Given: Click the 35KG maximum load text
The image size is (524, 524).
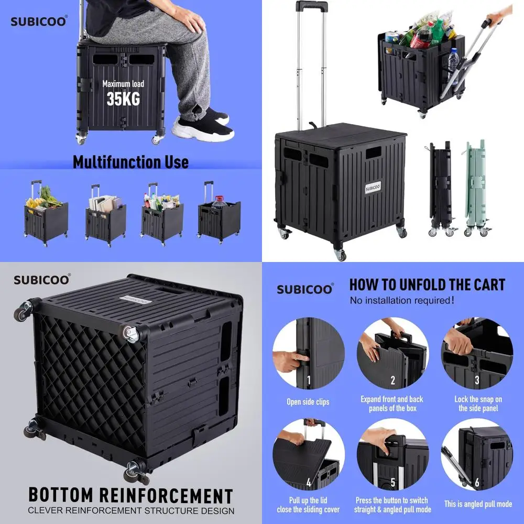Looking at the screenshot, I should (x=123, y=98).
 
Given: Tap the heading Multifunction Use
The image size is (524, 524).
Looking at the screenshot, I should (x=130, y=162).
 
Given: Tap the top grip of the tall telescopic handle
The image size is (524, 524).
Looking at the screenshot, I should (x=311, y=6).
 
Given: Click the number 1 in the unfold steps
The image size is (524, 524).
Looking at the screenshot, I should (x=309, y=380).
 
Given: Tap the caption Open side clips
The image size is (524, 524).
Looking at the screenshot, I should (x=308, y=402).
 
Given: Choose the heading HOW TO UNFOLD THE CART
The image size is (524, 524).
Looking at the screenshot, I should (x=427, y=285).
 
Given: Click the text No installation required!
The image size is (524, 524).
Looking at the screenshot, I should (x=402, y=301).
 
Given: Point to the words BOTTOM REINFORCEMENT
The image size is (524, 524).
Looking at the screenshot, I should (x=130, y=495).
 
